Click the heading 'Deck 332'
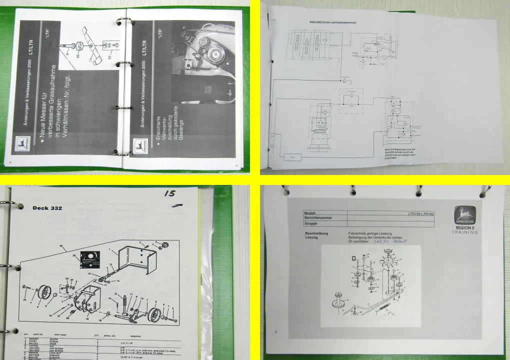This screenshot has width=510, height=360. coord(47,208)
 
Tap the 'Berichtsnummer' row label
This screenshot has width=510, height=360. coord(319,218)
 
